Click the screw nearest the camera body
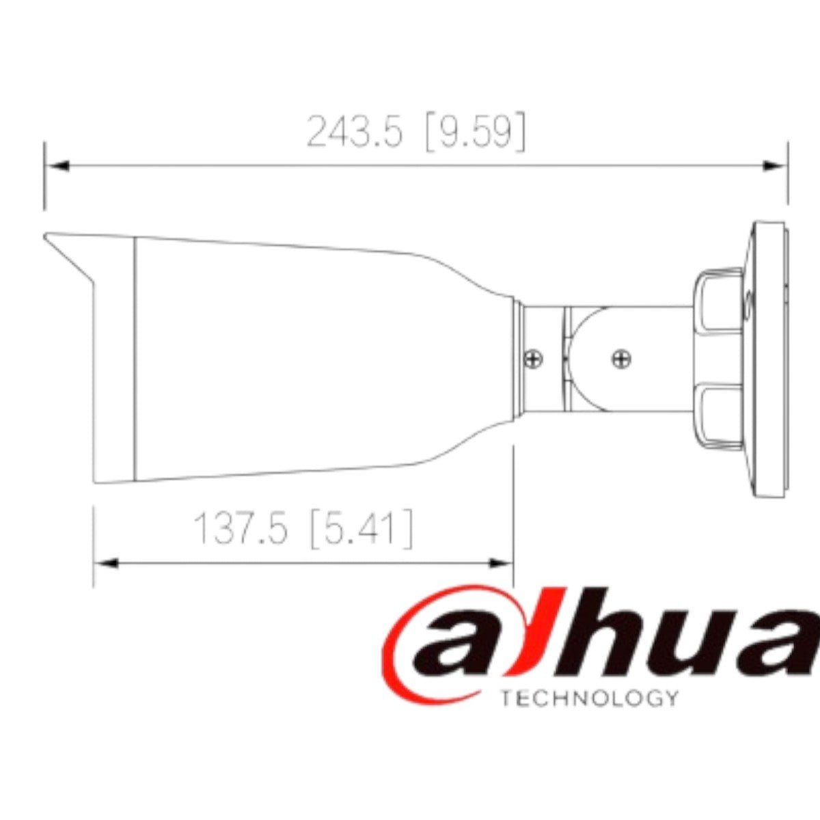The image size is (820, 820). [x=533, y=357]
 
